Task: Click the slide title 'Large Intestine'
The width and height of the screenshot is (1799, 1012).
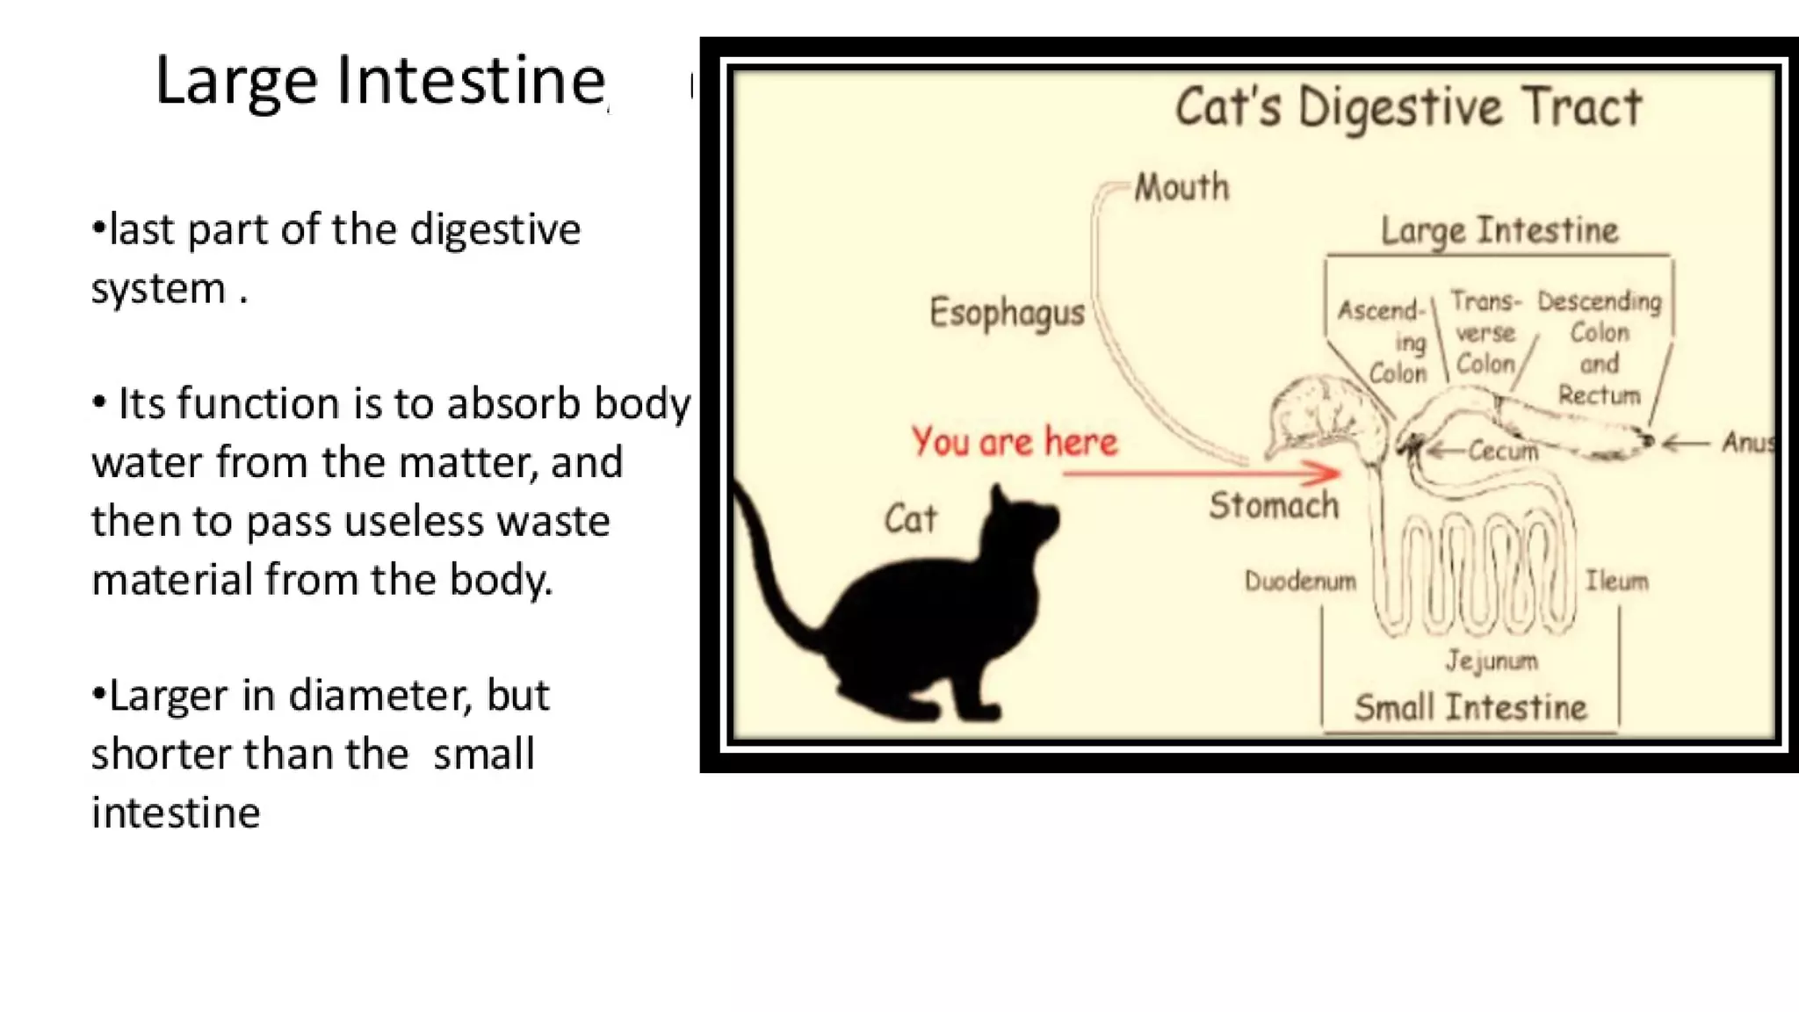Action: click(x=380, y=81)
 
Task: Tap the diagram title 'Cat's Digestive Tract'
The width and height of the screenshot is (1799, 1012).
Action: click(x=1408, y=108)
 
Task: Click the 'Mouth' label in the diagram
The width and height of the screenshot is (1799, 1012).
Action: click(x=1181, y=187)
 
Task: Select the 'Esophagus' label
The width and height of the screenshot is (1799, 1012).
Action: click(x=1007, y=314)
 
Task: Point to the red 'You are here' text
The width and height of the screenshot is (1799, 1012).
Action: click(x=1015, y=442)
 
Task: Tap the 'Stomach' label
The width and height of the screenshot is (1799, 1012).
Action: click(x=1274, y=505)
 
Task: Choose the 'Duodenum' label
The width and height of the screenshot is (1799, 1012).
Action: click(x=1300, y=581)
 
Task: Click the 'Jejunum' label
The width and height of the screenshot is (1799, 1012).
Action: click(x=1492, y=661)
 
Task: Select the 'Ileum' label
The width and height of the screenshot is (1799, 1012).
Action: click(x=1616, y=581)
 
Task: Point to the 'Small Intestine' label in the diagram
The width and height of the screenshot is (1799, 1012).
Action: click(x=1470, y=707)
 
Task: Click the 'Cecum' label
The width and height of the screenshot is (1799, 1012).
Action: click(x=1503, y=452)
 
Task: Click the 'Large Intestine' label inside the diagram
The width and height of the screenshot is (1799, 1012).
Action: click(x=1499, y=230)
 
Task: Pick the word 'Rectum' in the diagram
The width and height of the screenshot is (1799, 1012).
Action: click(x=1599, y=395)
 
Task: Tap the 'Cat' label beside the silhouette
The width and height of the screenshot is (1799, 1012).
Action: click(x=910, y=518)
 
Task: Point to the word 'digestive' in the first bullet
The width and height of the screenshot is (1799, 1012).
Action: click(x=495, y=230)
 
